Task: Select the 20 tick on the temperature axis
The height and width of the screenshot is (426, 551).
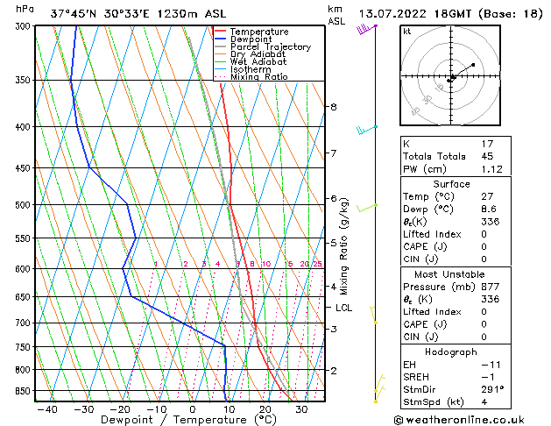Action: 265,408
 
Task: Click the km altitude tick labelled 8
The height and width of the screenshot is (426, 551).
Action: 333,107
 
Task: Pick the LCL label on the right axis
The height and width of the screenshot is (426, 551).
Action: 344,308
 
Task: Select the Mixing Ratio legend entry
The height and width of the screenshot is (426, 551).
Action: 259,77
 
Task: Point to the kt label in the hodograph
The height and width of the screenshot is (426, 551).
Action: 407,31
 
